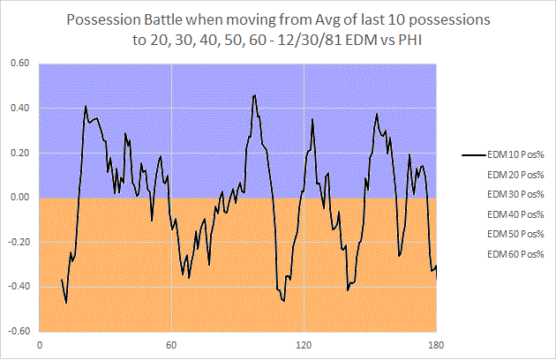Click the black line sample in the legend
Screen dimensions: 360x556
click(x=473, y=154)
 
